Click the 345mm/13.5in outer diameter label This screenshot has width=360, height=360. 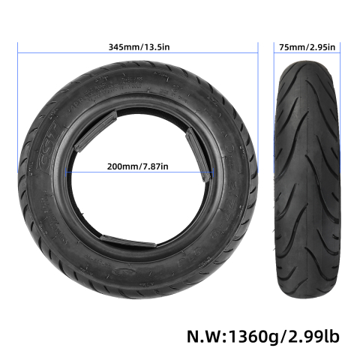138,46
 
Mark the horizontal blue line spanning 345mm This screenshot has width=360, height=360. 75,53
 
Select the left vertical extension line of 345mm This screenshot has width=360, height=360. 17,90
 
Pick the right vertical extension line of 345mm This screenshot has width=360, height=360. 259,90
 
